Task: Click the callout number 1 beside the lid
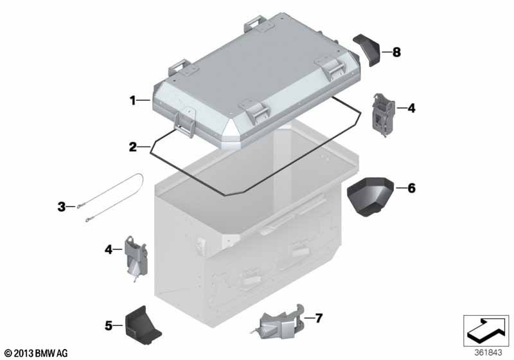pos(132,100)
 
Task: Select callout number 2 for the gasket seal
pos(133,147)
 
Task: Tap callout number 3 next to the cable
pos(62,207)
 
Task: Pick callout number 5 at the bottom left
pos(109,325)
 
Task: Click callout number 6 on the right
pos(411,188)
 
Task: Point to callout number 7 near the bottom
pos(319,318)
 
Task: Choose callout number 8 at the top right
pos(396,52)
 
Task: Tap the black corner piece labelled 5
pos(141,323)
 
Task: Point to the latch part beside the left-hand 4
pos(136,257)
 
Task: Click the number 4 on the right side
pos(411,108)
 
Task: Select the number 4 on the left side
pos(109,250)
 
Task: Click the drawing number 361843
pos(488,353)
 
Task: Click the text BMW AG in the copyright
pos(51,354)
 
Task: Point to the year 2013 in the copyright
pos(24,354)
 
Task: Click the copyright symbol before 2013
pos(8,354)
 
